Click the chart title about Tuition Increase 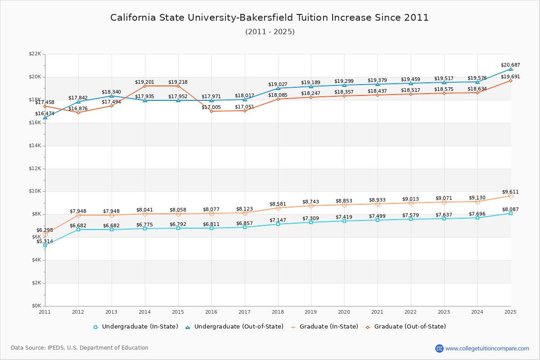point(270,18)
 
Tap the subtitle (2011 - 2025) point(270,32)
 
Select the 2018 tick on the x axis point(278,312)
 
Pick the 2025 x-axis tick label point(511,312)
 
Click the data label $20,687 point(511,65)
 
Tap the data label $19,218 point(178,82)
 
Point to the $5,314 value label point(45,242)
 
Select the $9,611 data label point(511,192)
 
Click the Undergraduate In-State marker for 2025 point(511,213)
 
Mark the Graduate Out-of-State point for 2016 point(211,111)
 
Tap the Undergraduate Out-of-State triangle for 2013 point(112,96)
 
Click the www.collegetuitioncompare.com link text point(487,348)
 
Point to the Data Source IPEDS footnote point(80,348)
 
